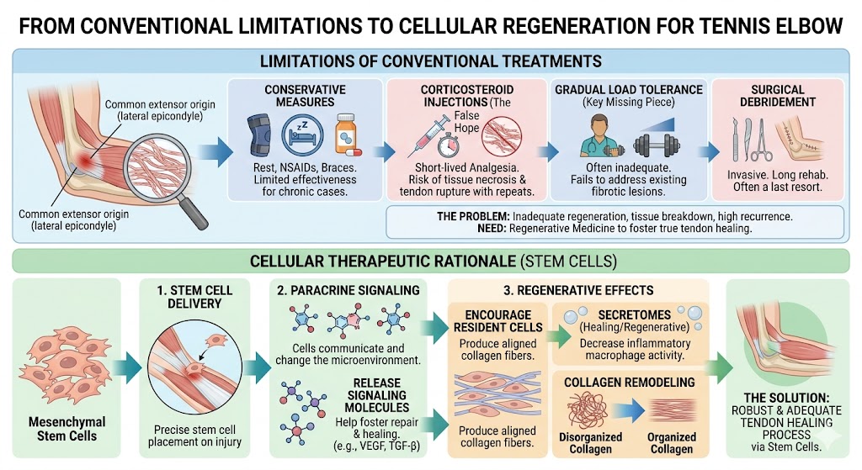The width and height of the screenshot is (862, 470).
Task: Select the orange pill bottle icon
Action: click(x=346, y=134)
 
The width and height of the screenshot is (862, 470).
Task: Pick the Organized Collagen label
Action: click(x=673, y=442)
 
